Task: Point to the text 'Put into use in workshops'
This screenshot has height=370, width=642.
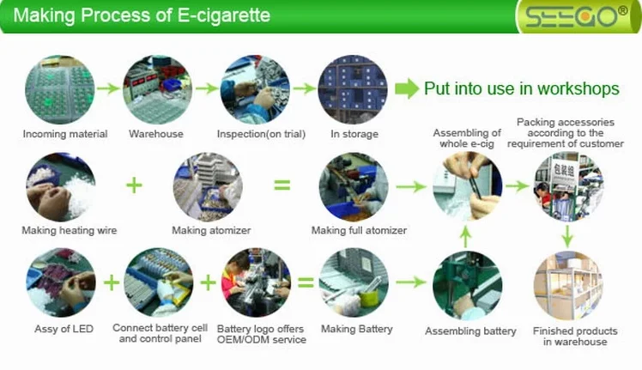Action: click(x=521, y=88)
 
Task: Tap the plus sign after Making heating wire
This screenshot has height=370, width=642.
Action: click(x=133, y=185)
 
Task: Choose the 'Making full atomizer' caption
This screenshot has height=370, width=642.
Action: click(x=359, y=230)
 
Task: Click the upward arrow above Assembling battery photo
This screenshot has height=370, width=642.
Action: click(x=466, y=234)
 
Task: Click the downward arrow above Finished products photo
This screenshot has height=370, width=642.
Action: click(x=567, y=234)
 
